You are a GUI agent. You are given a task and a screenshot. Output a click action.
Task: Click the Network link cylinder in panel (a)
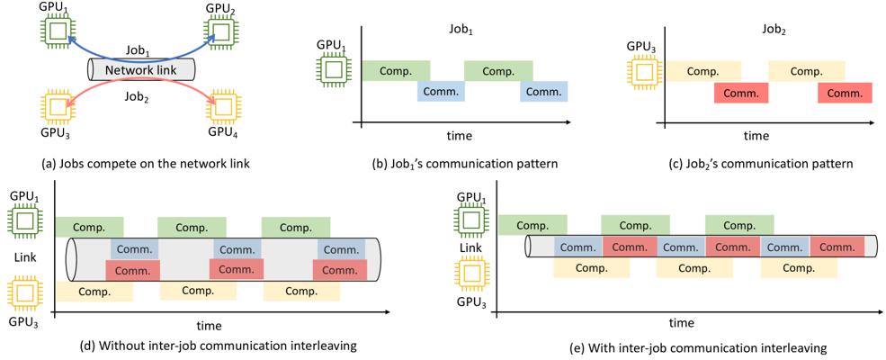click(141, 70)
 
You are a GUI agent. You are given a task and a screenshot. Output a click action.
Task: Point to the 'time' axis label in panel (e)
click(681, 322)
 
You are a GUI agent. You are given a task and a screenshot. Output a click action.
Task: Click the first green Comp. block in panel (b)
click(396, 71)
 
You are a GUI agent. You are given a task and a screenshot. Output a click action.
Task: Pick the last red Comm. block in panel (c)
click(845, 93)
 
